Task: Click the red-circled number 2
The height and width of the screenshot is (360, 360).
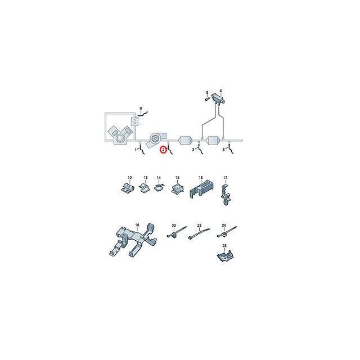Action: click(163, 150)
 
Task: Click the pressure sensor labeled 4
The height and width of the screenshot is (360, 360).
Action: click(218, 99)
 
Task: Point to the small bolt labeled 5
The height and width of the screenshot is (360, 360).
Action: click(207, 99)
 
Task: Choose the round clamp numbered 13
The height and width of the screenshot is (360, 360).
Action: click(144, 187)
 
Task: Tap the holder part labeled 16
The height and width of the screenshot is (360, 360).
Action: click(201, 188)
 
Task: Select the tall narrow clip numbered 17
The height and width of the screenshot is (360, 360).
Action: click(226, 194)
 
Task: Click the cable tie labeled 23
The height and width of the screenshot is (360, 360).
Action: click(199, 234)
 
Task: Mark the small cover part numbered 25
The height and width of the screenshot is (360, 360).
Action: click(225, 256)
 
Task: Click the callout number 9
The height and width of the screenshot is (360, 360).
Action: click(141, 108)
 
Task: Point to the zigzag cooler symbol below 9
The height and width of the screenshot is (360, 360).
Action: click(134, 121)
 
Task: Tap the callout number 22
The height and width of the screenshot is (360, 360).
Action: click(174, 225)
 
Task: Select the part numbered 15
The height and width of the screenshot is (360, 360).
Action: click(178, 188)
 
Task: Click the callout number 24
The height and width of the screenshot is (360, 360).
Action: click(224, 226)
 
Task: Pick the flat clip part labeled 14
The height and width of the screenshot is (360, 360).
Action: click(159, 187)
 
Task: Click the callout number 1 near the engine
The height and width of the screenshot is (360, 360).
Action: click(136, 150)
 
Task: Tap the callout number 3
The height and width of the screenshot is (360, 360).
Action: click(193, 150)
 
